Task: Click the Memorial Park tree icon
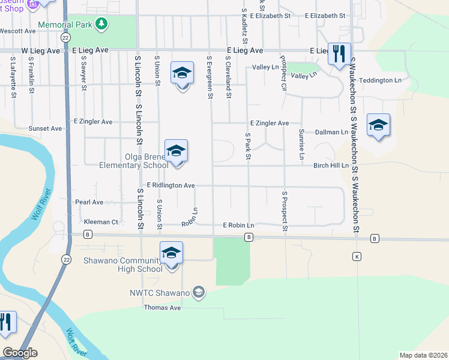tap(103, 24)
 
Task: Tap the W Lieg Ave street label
tap(41, 51)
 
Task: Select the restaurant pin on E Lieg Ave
tap(339, 54)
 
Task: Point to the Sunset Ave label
tap(46, 128)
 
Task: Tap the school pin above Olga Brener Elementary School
tap(176, 151)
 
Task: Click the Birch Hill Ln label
tap(331, 166)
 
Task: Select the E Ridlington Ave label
tap(171, 186)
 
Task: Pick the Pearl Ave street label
tap(89, 202)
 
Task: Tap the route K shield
tap(357, 256)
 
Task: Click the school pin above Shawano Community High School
tap(171, 253)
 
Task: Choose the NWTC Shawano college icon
tap(199, 293)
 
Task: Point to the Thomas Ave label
tap(162, 308)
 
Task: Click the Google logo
tap(20, 353)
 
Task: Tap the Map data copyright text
tap(423, 355)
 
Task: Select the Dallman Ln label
tap(332, 132)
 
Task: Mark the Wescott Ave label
tap(18, 31)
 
